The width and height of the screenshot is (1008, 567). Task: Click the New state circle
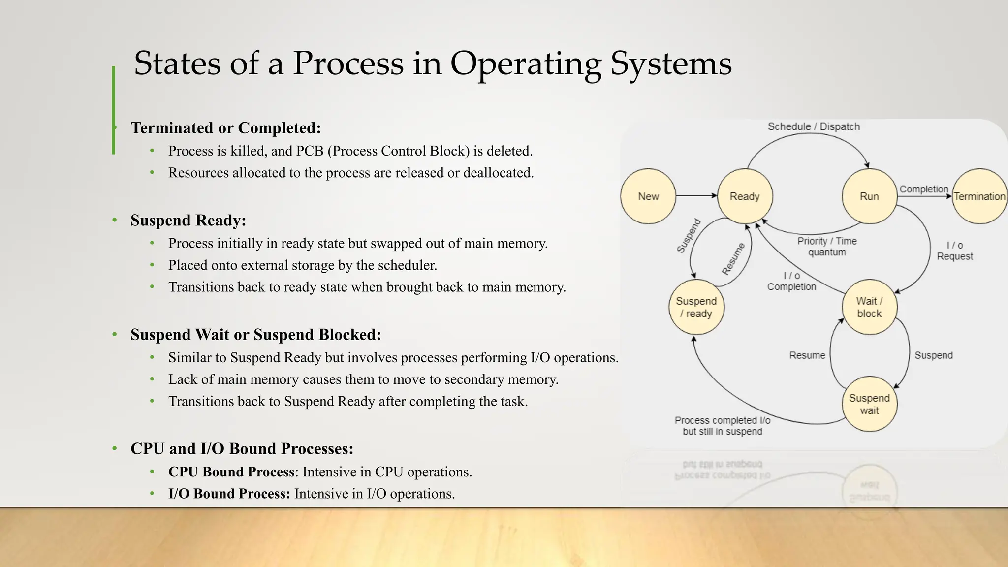tap(648, 196)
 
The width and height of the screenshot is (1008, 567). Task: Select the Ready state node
tap(745, 196)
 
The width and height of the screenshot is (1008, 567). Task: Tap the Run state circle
tap(869, 196)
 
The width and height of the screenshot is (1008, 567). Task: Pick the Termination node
tap(979, 196)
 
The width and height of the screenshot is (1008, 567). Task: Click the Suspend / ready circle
tap(696, 307)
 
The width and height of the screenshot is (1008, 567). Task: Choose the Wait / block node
tap(869, 307)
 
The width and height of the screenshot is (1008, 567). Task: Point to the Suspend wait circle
tap(869, 404)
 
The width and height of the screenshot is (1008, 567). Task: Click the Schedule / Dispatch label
tap(814, 126)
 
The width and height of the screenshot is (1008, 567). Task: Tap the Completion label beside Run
tap(924, 189)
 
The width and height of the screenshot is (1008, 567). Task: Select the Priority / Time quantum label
tap(827, 247)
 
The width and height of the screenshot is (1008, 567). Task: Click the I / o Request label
tap(955, 251)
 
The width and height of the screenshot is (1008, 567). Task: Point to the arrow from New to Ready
tap(696, 196)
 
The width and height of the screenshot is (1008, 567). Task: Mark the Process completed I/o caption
tap(723, 426)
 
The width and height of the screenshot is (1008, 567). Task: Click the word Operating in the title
tap(525, 64)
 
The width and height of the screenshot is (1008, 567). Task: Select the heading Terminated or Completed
tap(225, 128)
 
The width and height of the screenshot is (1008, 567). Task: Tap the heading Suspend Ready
tap(188, 220)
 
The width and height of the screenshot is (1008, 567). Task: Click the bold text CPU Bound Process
tap(231, 472)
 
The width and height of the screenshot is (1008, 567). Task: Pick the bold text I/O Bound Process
tap(229, 494)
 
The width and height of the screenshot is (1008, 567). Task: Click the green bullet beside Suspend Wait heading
tap(115, 335)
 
